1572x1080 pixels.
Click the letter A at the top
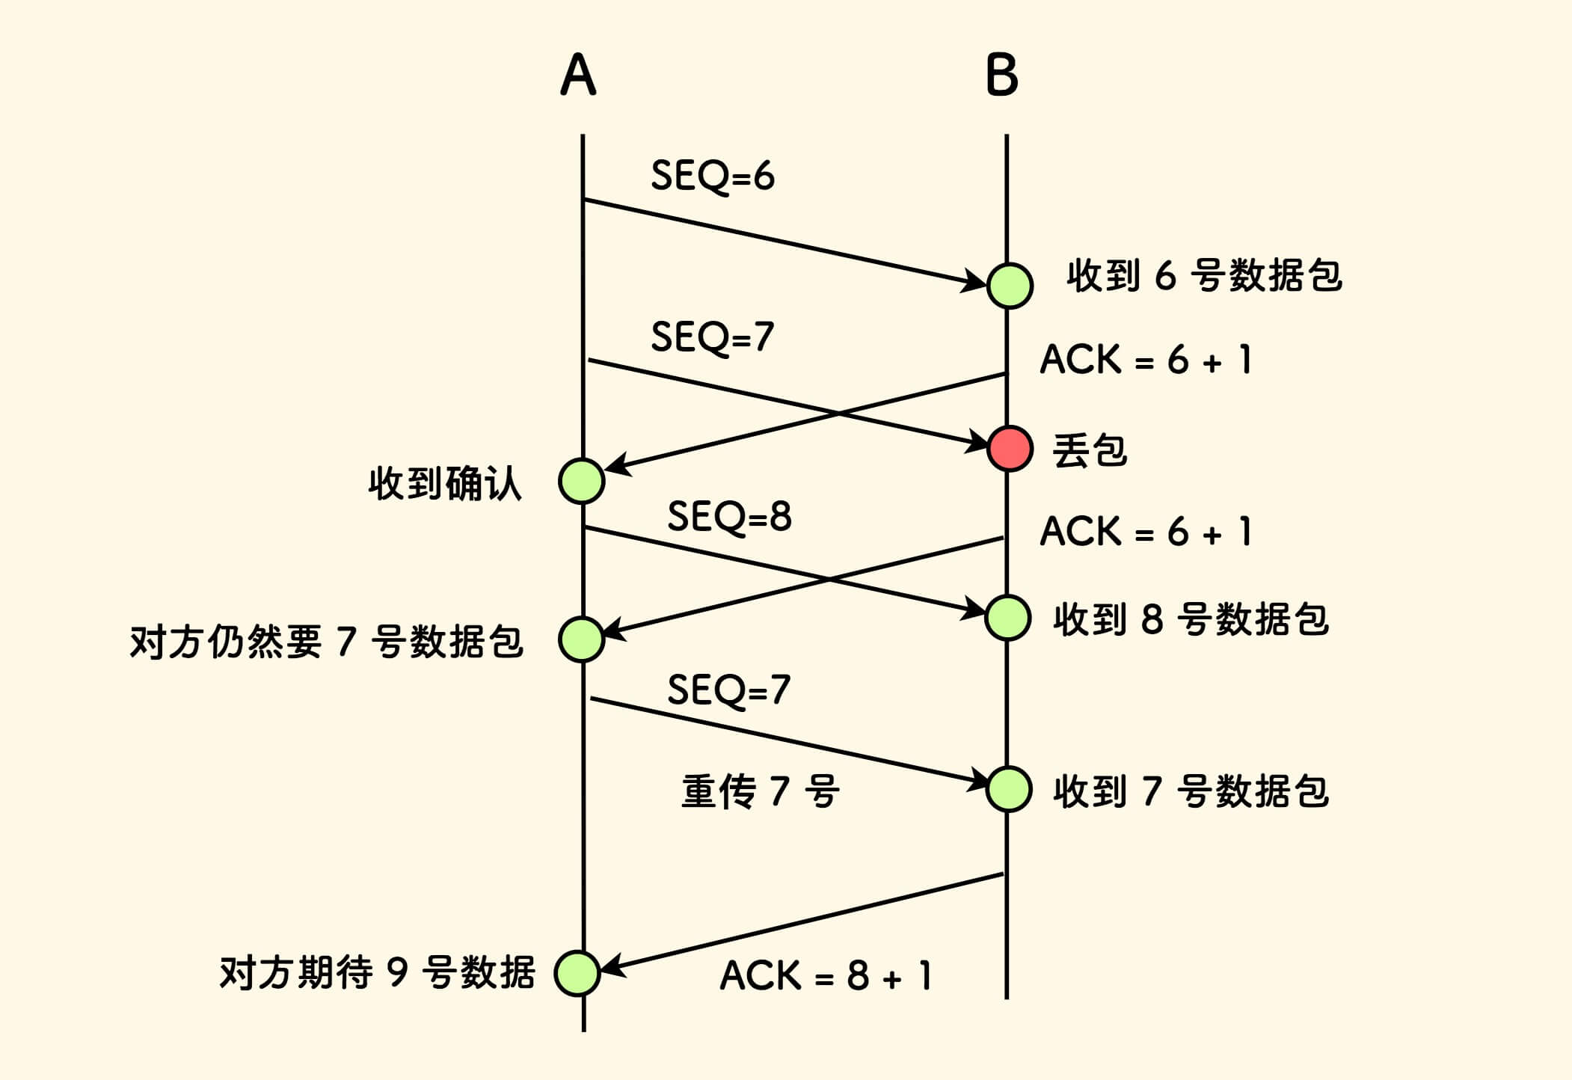coord(578,75)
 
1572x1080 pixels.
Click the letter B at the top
coord(1002,75)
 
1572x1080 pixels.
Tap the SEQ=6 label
coord(712,177)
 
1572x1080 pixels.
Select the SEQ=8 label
coord(729,517)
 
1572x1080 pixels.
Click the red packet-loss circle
coord(1010,448)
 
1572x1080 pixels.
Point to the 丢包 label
coord(1089,451)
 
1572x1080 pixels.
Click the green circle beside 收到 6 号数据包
coord(1010,285)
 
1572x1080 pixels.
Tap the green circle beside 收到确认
coord(582,481)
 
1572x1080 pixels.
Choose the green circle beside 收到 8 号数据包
coord(1008,618)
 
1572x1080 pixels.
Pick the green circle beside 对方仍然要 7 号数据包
coord(582,639)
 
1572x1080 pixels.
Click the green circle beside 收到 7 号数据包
coord(1009,789)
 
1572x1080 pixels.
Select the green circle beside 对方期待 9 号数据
coord(577,972)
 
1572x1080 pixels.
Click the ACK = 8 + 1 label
coord(826,976)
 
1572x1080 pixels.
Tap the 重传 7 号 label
coord(760,791)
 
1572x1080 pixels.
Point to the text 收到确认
coord(444,483)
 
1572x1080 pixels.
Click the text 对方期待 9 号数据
coord(377,973)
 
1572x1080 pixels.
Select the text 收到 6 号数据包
coord(1204,276)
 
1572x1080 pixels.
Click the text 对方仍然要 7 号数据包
coord(326,642)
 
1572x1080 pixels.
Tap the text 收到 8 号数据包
coord(1191,619)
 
